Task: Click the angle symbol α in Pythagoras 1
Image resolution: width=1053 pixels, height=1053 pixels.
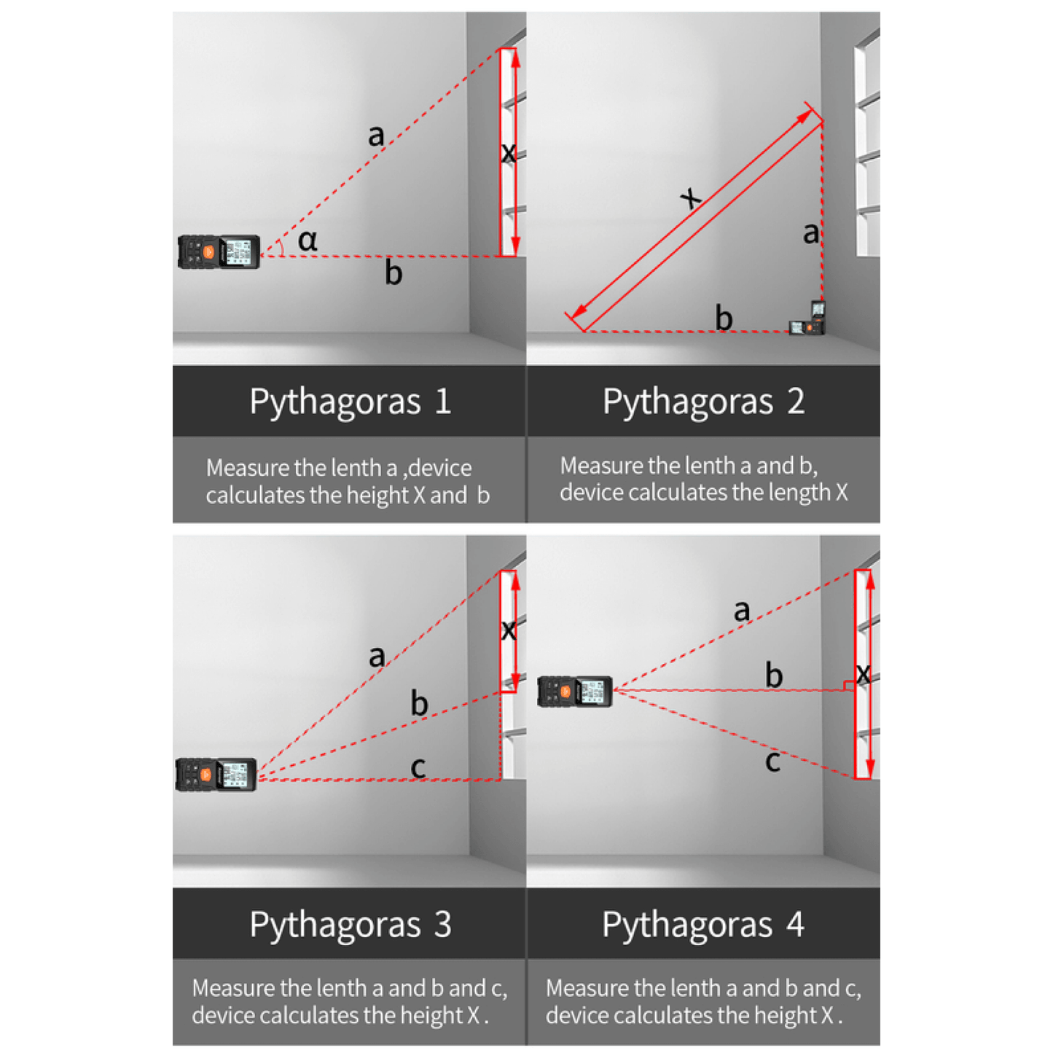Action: click(308, 240)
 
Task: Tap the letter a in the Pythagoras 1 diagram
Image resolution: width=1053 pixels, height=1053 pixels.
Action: click(376, 135)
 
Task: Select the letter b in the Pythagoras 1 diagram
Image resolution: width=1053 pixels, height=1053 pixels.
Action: click(394, 272)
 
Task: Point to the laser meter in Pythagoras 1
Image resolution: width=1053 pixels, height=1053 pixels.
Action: click(219, 252)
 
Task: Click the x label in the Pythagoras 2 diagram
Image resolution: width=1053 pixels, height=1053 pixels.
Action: click(692, 197)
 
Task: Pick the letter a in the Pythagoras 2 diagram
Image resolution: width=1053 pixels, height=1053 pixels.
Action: click(811, 233)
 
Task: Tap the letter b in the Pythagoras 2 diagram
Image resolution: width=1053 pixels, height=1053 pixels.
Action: click(724, 318)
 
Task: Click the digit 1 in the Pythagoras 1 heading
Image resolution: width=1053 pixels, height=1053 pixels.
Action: click(443, 401)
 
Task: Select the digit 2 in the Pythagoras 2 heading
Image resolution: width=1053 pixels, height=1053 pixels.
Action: click(796, 401)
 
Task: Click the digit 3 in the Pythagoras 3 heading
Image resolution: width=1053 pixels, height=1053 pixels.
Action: click(443, 925)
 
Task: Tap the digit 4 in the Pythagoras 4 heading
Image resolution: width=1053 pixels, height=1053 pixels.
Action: click(796, 925)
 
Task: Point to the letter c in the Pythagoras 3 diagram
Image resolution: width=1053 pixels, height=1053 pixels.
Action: click(418, 768)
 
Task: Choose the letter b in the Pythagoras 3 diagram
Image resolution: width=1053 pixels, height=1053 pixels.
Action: click(419, 702)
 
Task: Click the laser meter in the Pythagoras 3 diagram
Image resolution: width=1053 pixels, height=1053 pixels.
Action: click(216, 775)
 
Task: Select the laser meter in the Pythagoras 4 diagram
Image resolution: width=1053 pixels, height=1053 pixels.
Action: click(575, 692)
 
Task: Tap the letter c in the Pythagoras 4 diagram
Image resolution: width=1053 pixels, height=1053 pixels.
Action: click(772, 762)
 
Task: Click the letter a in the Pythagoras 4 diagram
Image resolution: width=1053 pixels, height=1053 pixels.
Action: click(742, 611)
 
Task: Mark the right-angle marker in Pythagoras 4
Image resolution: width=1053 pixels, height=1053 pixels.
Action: click(849, 685)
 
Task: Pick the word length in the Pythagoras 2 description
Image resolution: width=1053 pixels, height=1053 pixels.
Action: click(799, 493)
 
